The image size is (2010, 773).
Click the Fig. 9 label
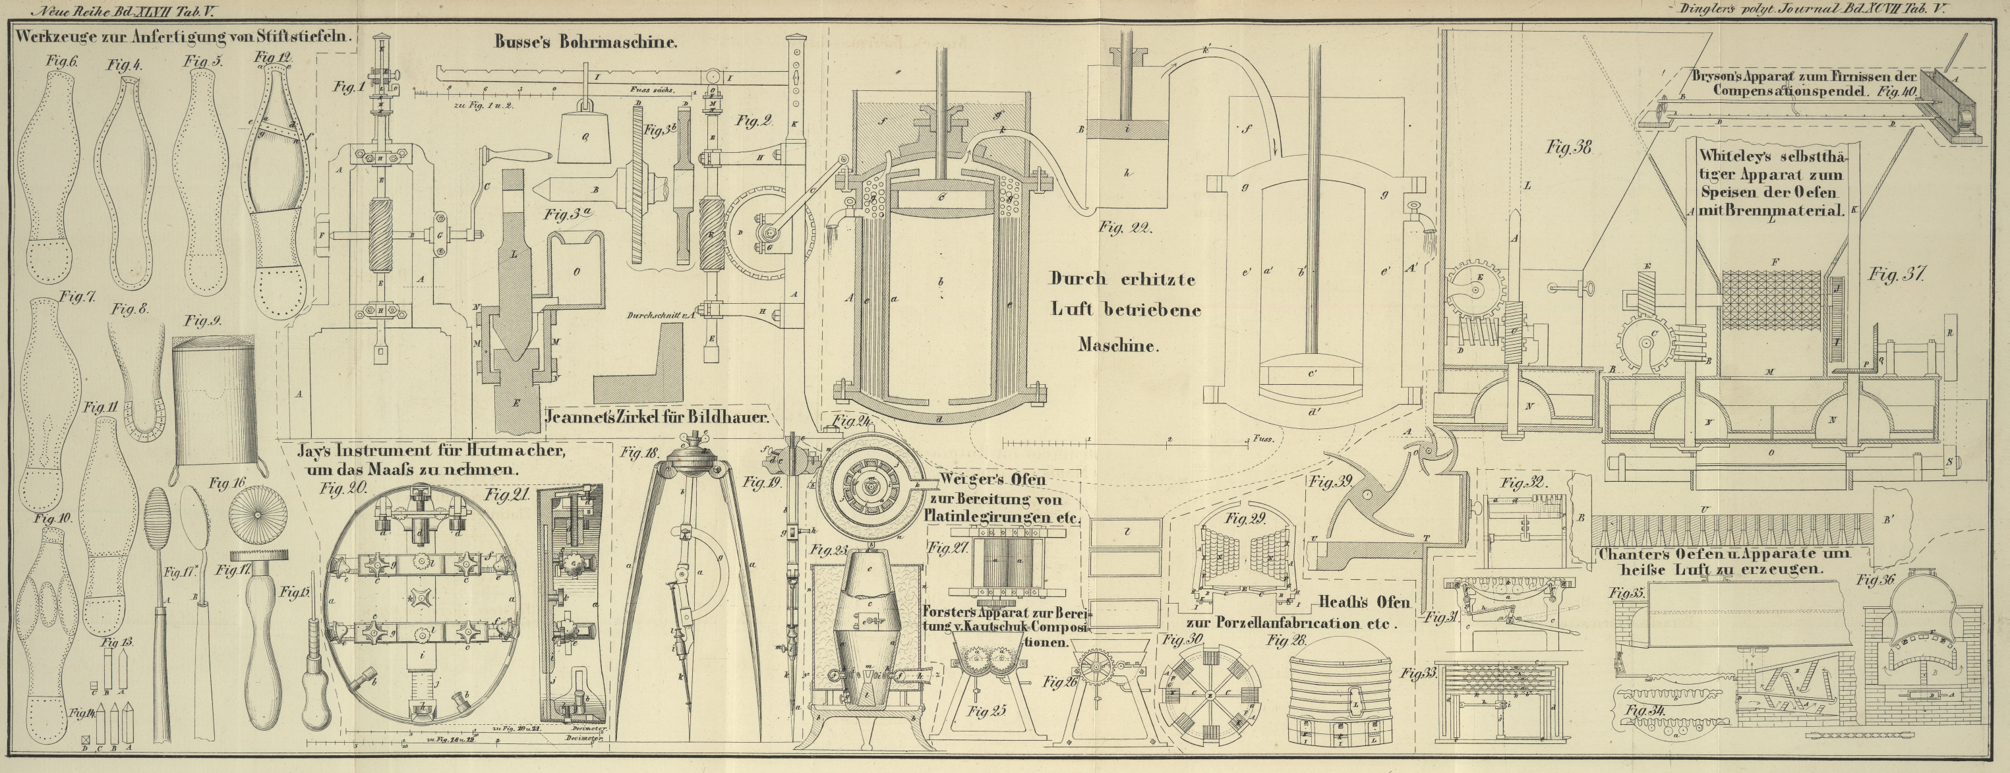tap(200, 320)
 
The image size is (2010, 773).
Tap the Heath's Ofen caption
tap(1363, 603)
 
